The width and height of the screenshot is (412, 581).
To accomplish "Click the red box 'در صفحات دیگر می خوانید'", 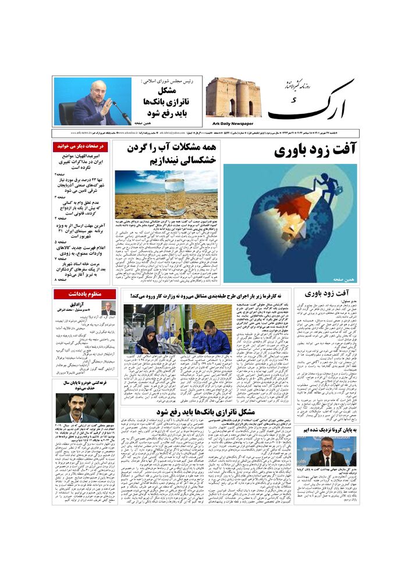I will coord(80,147).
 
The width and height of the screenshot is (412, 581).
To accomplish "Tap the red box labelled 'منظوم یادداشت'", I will coord(84,294).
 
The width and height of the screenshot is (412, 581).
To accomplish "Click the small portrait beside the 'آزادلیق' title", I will coord(108,309).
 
